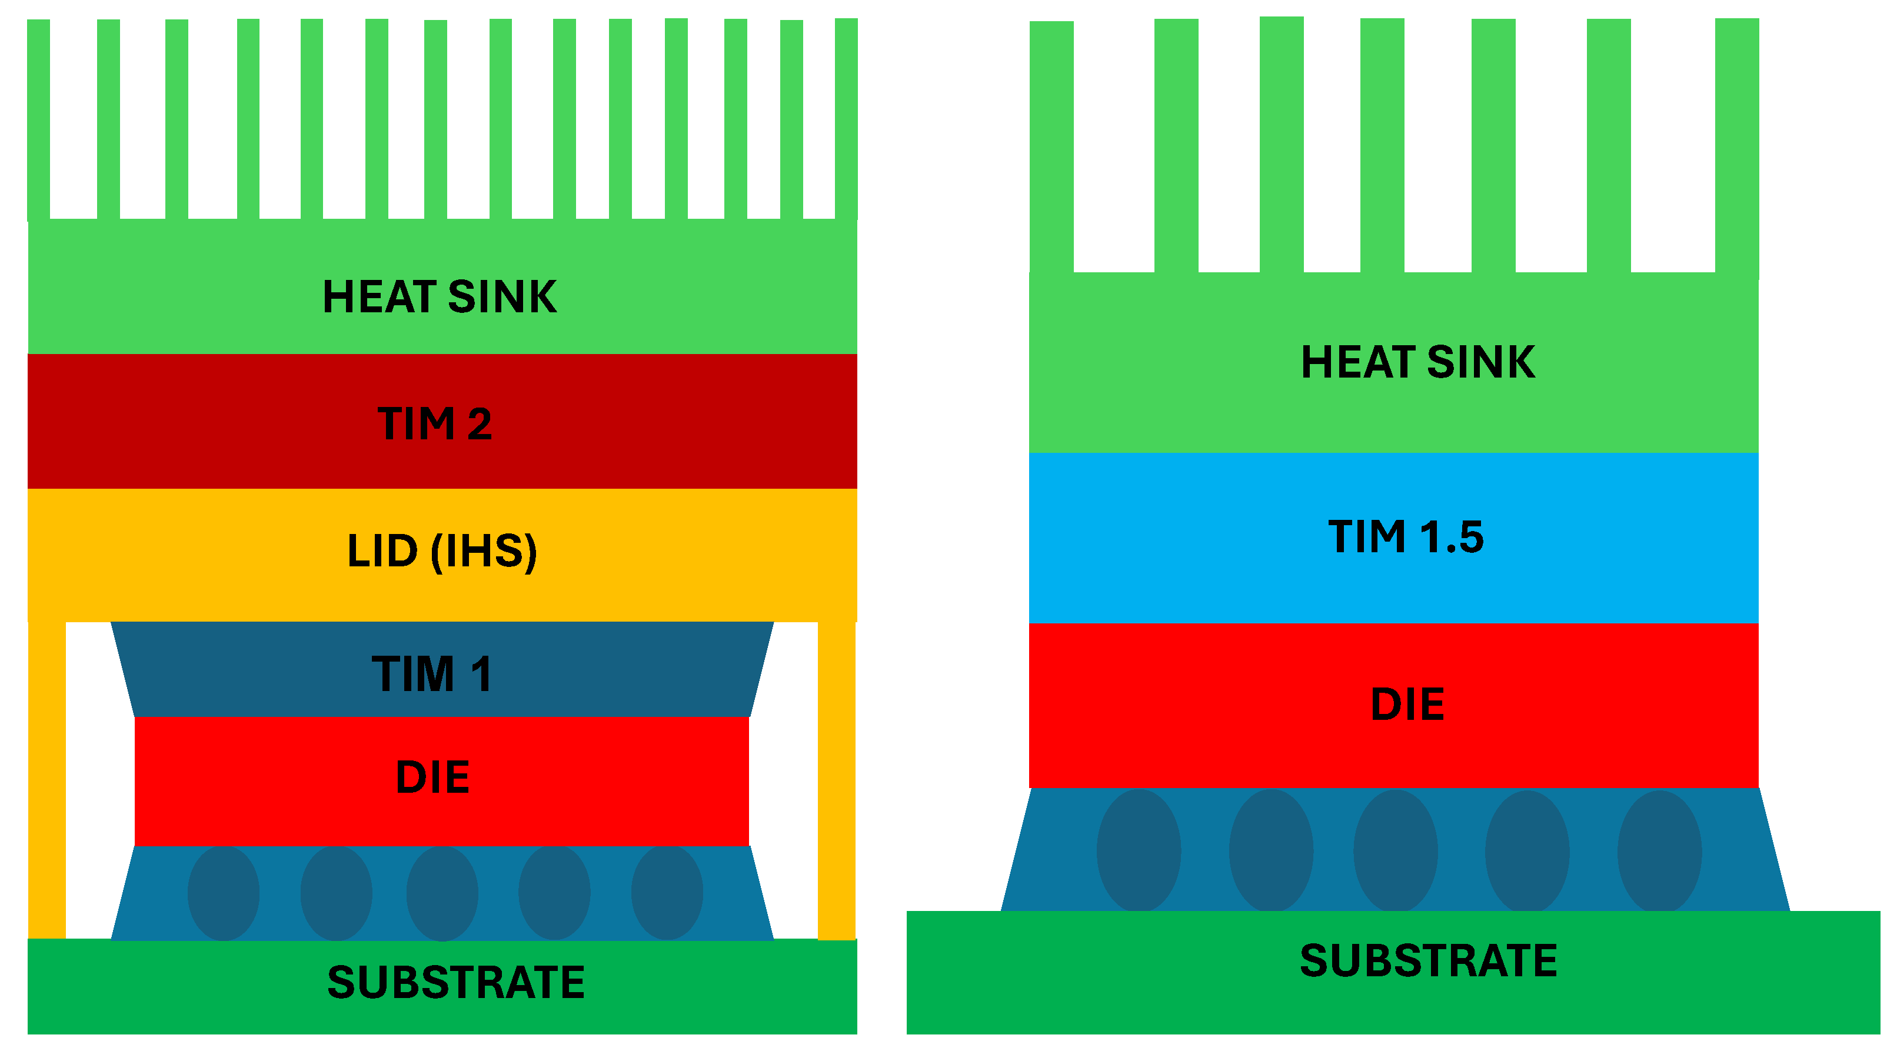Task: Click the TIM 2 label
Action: tap(434, 424)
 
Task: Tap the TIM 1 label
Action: tap(432, 674)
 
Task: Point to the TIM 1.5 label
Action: tap(1405, 536)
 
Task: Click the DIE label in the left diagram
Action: tap(432, 777)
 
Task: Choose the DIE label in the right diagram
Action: tap(1406, 705)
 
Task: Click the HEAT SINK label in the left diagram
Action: tap(440, 298)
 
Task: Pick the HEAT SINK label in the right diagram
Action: tap(1417, 362)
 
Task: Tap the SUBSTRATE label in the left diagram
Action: tap(456, 983)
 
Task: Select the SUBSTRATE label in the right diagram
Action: tap(1428, 961)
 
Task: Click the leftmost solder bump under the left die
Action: tap(223, 893)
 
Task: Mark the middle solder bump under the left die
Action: tap(442, 893)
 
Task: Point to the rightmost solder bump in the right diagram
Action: tap(1659, 851)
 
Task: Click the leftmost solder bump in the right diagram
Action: tap(1139, 851)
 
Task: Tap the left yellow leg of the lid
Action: tap(46, 780)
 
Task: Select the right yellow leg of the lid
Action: tap(837, 780)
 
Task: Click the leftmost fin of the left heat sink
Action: tap(38, 118)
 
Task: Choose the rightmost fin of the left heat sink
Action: tap(846, 118)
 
